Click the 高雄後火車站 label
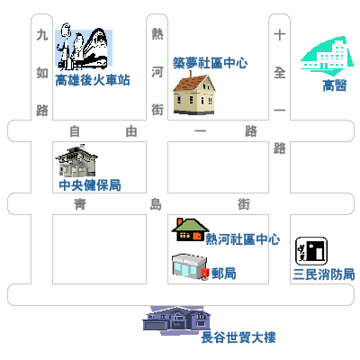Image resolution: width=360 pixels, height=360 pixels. coord(93,80)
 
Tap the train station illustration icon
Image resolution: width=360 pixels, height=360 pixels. coord(84,47)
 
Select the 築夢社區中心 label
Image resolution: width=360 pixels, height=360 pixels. coord(211,63)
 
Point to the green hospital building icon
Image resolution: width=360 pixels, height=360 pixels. coord(327,56)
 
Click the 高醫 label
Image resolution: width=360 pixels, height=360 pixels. coord(335,85)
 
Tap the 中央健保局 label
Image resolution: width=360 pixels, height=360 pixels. coord(90,185)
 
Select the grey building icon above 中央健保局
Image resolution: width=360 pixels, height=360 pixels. coord(76,161)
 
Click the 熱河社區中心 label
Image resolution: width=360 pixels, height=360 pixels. coord(243,239)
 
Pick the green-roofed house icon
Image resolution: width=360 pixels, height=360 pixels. coord(190,229)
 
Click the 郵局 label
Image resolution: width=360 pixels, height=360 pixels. coord(224,274)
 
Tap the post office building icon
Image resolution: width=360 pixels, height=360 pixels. coord(190,266)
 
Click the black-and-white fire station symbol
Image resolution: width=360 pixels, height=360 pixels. coord(311,251)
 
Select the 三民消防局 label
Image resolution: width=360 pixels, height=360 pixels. coord(324,274)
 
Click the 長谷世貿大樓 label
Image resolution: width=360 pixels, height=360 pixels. coord(238,337)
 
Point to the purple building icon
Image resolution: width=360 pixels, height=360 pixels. coord(176,320)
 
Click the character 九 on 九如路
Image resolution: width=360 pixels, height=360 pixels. coord(42,35)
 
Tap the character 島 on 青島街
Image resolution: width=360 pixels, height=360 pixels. coord(156,204)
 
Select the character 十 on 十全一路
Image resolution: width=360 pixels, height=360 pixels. coord(279,35)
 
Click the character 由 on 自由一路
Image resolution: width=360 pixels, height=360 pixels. coord(131,131)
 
